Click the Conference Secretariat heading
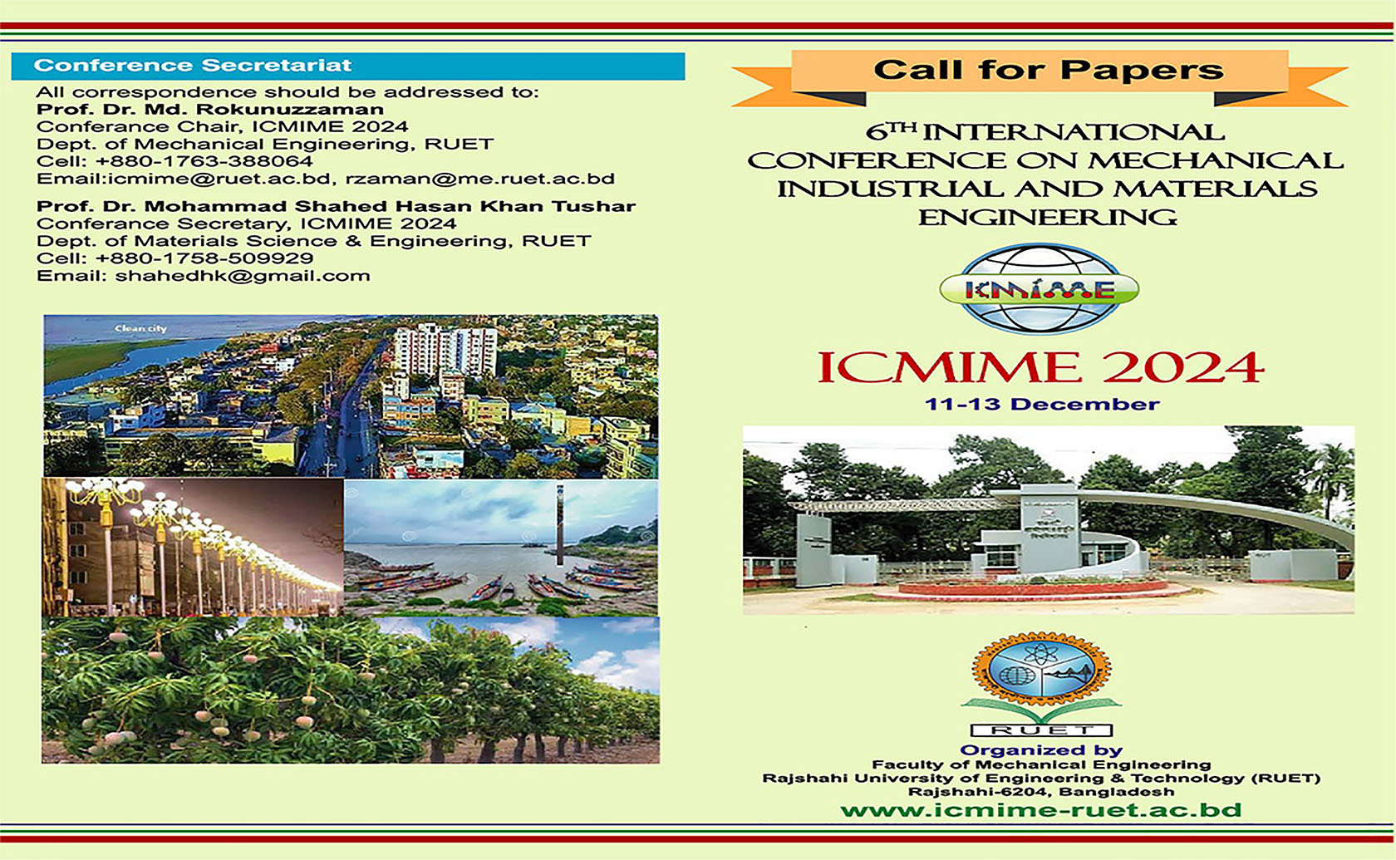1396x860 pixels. point(193,66)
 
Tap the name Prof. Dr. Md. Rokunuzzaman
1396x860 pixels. point(210,110)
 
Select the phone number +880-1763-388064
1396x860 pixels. point(204,161)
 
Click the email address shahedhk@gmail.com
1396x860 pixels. point(243,276)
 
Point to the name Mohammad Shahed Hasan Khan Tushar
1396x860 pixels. point(390,206)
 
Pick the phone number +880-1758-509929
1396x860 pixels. point(204,258)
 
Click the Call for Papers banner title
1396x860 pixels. point(1048,71)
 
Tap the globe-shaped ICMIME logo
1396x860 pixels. point(1040,289)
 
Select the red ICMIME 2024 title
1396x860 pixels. point(1040,368)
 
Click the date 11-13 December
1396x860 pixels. point(1042,405)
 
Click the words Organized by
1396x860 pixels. point(1041,750)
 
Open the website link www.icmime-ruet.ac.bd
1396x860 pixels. point(1040,810)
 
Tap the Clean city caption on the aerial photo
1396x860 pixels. point(140,329)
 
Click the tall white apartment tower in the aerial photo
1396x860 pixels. point(445,349)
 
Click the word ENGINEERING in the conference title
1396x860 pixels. point(1047,218)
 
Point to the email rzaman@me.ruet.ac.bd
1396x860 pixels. point(480,179)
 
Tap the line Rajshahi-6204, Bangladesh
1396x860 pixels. point(1041,792)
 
